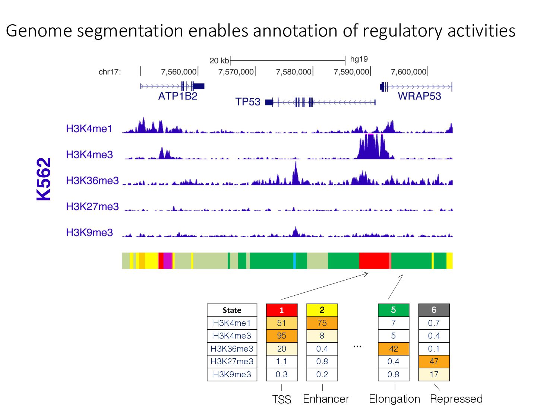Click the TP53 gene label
point(248,102)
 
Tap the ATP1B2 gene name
point(177,96)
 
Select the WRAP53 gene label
point(419,96)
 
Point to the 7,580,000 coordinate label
point(293,72)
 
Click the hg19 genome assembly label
point(359,59)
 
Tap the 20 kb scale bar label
point(219,60)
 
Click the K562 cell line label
point(44,179)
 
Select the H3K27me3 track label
point(92,206)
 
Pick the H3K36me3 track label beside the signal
point(92,181)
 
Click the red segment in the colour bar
point(373,261)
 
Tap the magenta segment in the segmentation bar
point(168,261)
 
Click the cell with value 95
point(282,336)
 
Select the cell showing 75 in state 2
point(322,323)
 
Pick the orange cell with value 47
point(434,362)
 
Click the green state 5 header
point(393,310)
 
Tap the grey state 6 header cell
point(434,310)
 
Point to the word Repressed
point(456,399)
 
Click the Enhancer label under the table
point(326,399)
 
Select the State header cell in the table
point(232,310)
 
